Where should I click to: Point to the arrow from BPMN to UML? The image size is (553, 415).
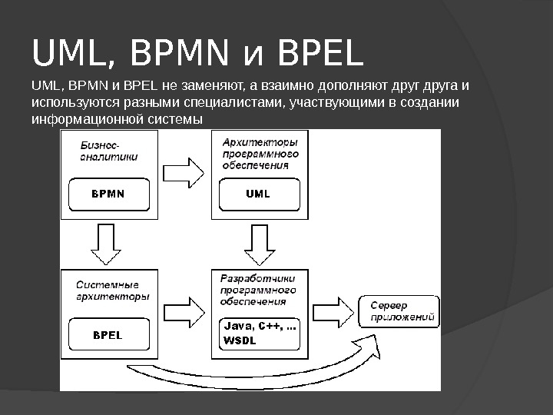click(184, 173)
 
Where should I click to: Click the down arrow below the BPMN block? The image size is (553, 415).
click(106, 244)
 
